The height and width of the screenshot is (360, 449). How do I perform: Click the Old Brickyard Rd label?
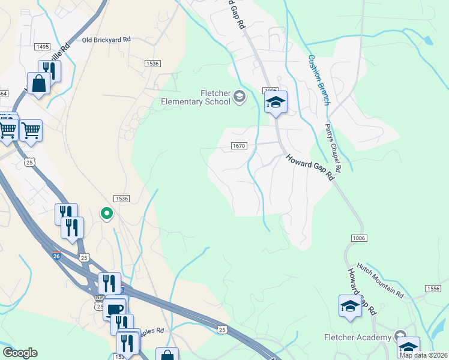point(106,40)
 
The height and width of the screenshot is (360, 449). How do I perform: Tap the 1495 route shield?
point(42,46)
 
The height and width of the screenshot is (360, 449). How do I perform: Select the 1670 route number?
point(239,146)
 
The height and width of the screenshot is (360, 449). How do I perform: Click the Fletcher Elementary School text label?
point(196,97)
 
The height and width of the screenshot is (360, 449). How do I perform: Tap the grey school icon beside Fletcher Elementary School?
point(240,97)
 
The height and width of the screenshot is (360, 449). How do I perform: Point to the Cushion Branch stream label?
point(319,80)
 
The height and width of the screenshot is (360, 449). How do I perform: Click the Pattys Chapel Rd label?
point(333,148)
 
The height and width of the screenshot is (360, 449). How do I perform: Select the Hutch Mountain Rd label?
point(380,280)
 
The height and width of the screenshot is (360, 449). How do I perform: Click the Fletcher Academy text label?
point(358,337)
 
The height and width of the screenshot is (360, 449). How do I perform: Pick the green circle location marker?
point(106,213)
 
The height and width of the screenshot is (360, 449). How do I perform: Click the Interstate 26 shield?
point(55,255)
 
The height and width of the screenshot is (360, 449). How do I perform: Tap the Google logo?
point(20,353)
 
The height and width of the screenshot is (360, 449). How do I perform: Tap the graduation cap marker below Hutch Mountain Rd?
point(350,306)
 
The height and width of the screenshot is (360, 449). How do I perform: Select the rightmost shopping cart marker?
point(31,129)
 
